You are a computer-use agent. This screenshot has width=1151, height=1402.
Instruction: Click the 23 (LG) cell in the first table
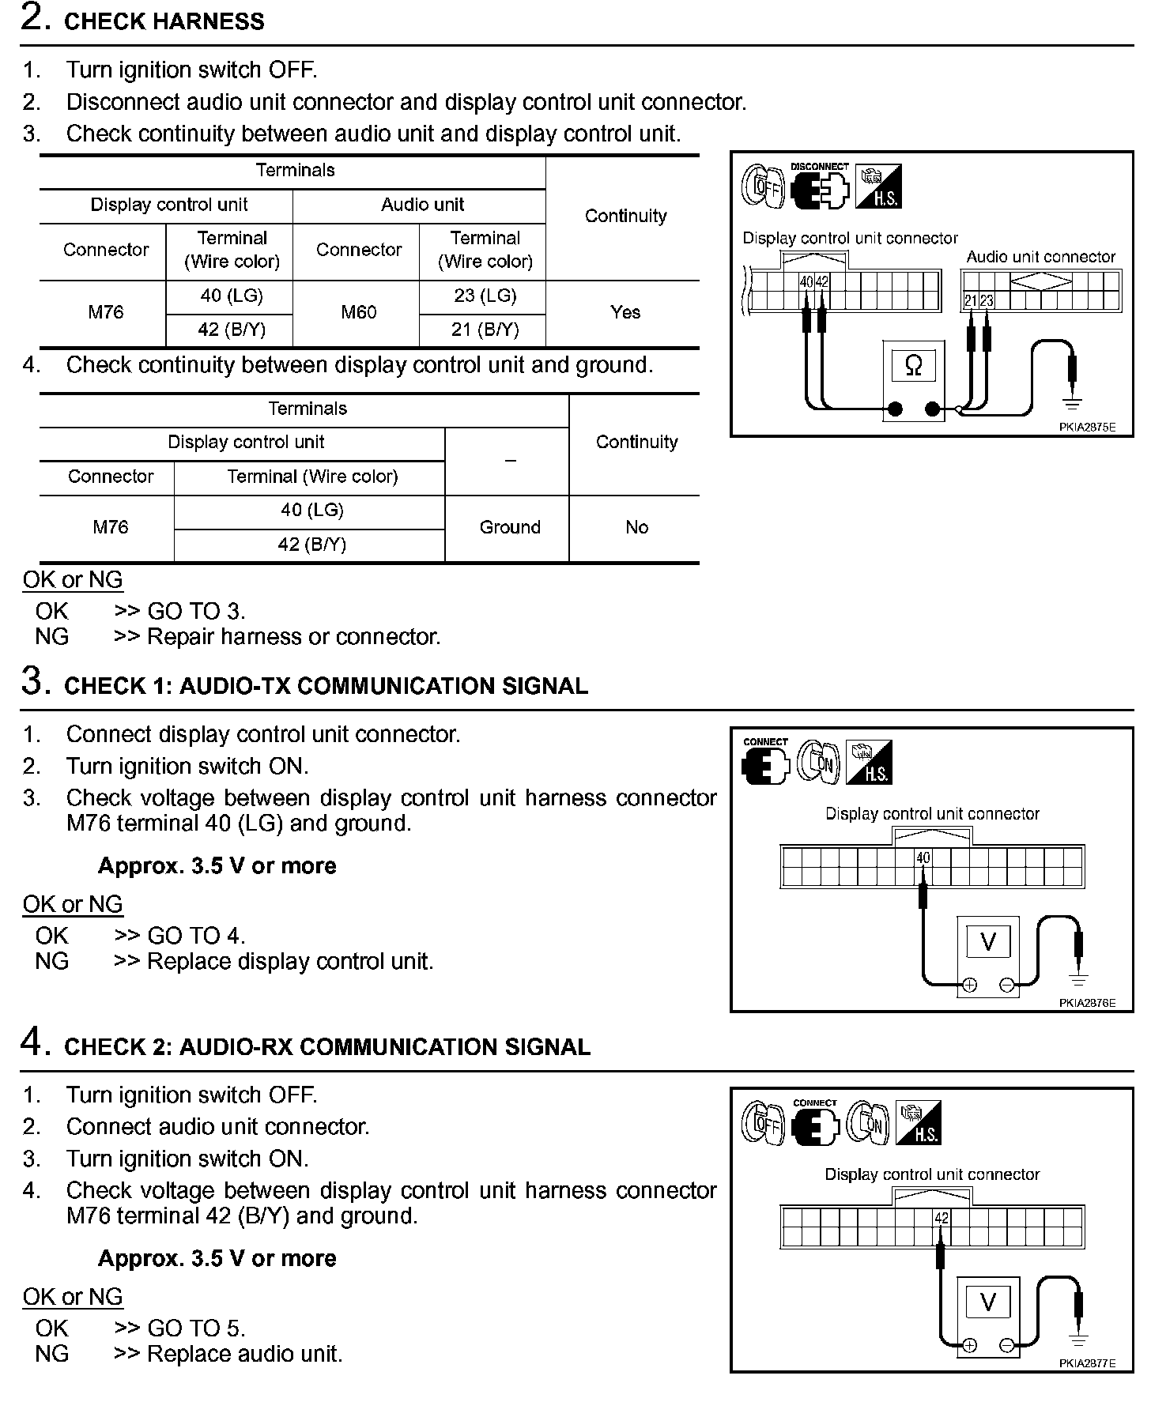(x=485, y=296)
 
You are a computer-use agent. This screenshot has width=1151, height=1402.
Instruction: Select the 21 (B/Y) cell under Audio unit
(x=485, y=330)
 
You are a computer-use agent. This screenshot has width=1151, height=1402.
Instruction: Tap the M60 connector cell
(x=358, y=312)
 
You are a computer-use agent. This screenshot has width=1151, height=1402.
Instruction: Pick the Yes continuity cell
(x=625, y=312)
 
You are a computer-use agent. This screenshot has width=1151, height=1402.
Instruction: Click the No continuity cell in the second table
(x=636, y=527)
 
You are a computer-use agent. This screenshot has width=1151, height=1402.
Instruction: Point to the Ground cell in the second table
(x=510, y=527)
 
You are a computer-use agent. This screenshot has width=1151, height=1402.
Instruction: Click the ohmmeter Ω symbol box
(x=913, y=366)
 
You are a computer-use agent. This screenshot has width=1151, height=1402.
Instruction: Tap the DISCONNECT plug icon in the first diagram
(x=820, y=190)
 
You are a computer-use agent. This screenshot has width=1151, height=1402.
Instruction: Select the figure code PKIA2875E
(x=1087, y=428)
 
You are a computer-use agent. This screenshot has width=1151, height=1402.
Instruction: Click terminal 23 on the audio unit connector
(x=987, y=300)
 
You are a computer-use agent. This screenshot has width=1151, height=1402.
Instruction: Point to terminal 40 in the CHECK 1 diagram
(x=923, y=857)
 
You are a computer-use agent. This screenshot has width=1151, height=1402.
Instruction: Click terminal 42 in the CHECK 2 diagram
(x=941, y=1218)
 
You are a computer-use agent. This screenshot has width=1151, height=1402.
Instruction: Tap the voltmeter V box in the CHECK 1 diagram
(x=987, y=941)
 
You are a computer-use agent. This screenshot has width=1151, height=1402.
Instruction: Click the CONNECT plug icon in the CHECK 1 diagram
(x=765, y=764)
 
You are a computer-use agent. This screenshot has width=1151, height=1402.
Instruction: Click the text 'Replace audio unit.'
(x=245, y=1354)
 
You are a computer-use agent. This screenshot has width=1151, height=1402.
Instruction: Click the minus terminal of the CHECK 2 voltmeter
(x=1007, y=1345)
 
